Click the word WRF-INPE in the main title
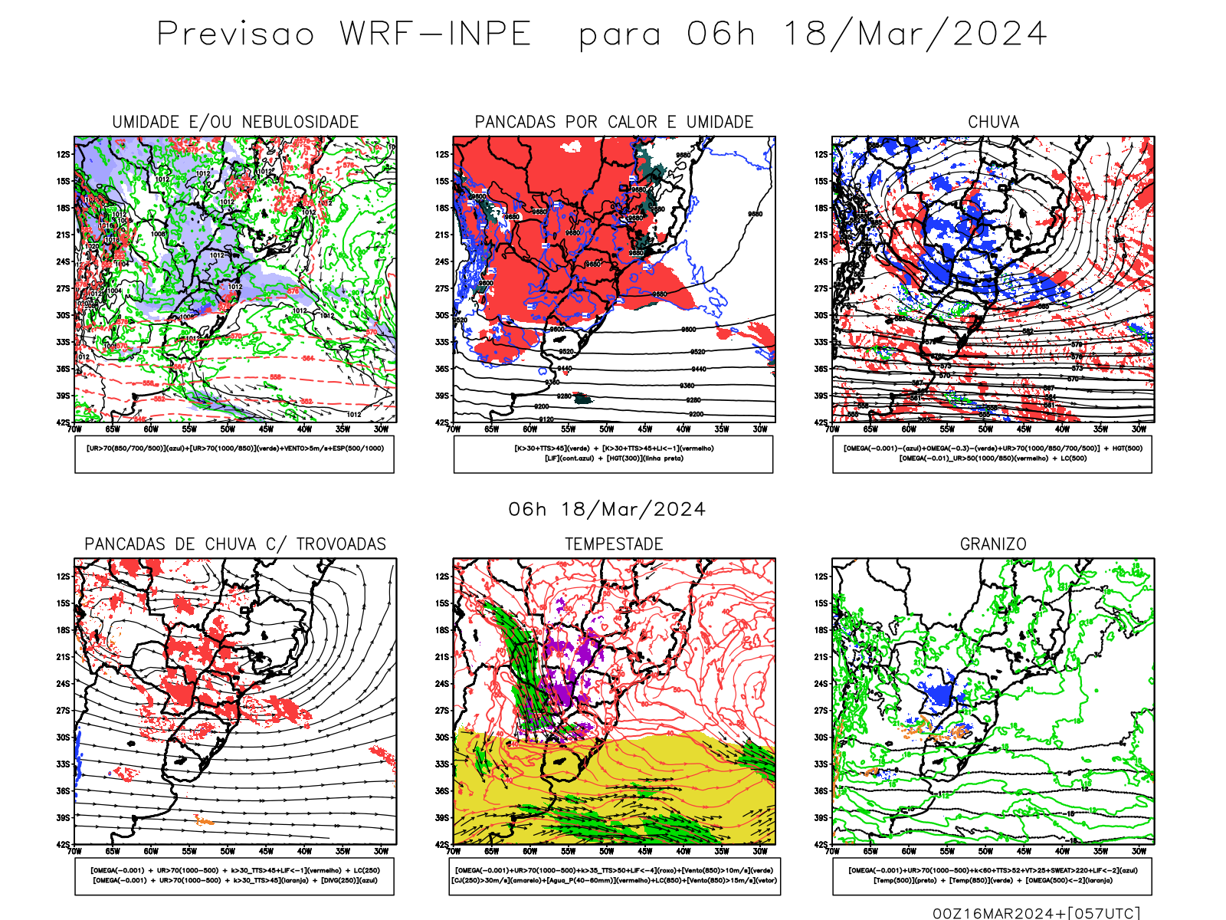click(x=435, y=34)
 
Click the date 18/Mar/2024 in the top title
click(x=914, y=34)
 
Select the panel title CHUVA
click(x=993, y=122)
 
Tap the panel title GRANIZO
click(x=993, y=544)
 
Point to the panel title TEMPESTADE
click(x=614, y=544)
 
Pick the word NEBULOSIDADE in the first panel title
click(x=300, y=122)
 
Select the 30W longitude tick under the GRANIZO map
click(x=1139, y=851)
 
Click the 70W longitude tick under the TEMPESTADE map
click(x=453, y=851)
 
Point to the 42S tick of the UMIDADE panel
click(x=63, y=422)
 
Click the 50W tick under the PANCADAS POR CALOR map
click(x=607, y=429)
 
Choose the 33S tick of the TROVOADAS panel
click(x=63, y=764)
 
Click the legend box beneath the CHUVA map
click(x=992, y=454)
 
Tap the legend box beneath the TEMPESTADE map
click(x=615, y=876)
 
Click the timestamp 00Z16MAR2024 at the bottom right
click(x=997, y=913)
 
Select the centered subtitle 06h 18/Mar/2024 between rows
click(x=607, y=510)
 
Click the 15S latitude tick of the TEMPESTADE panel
click(x=442, y=603)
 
